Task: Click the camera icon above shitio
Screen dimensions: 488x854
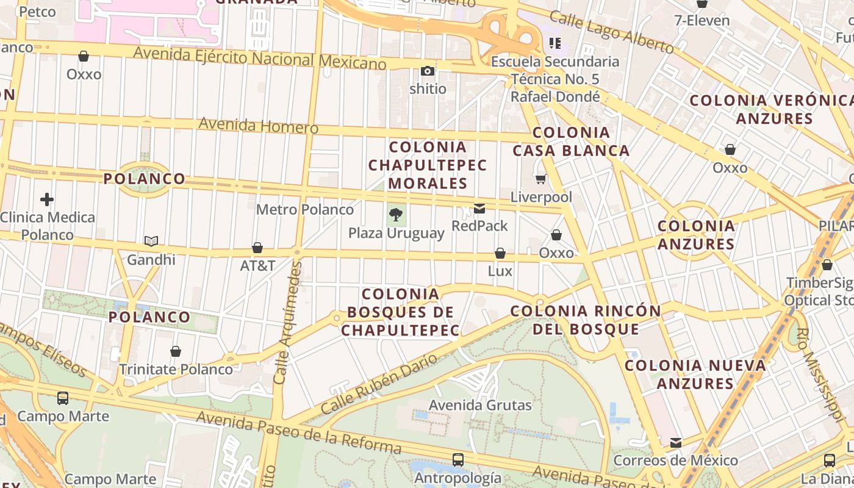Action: tap(428, 71)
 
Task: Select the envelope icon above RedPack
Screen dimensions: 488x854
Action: tap(479, 209)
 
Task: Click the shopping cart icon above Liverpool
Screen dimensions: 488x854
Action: tap(540, 179)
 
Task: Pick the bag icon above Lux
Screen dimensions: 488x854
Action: tap(500, 253)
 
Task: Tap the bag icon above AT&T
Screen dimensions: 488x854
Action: tap(257, 248)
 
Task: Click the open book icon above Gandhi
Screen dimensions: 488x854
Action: tap(151, 242)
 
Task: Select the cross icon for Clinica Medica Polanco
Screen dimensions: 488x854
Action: tap(47, 199)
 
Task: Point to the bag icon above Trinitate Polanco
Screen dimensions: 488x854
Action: tap(176, 351)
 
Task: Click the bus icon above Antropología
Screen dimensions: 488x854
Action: tap(457, 460)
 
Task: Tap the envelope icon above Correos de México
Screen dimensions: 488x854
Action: tap(675, 442)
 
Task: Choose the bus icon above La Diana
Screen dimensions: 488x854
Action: tap(829, 460)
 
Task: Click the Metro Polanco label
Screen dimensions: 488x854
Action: tap(304, 210)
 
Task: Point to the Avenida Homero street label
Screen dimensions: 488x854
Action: tap(258, 126)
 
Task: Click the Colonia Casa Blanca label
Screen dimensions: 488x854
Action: tap(571, 142)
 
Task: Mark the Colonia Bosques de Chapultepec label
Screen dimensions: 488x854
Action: tap(400, 312)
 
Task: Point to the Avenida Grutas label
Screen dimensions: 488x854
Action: tap(480, 405)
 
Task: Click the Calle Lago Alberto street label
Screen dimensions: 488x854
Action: tap(611, 32)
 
